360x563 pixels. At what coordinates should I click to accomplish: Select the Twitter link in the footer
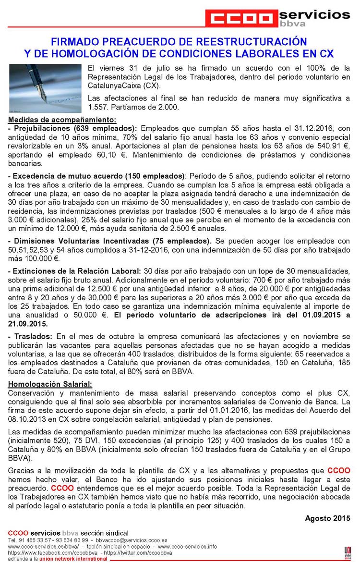point(132,553)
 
